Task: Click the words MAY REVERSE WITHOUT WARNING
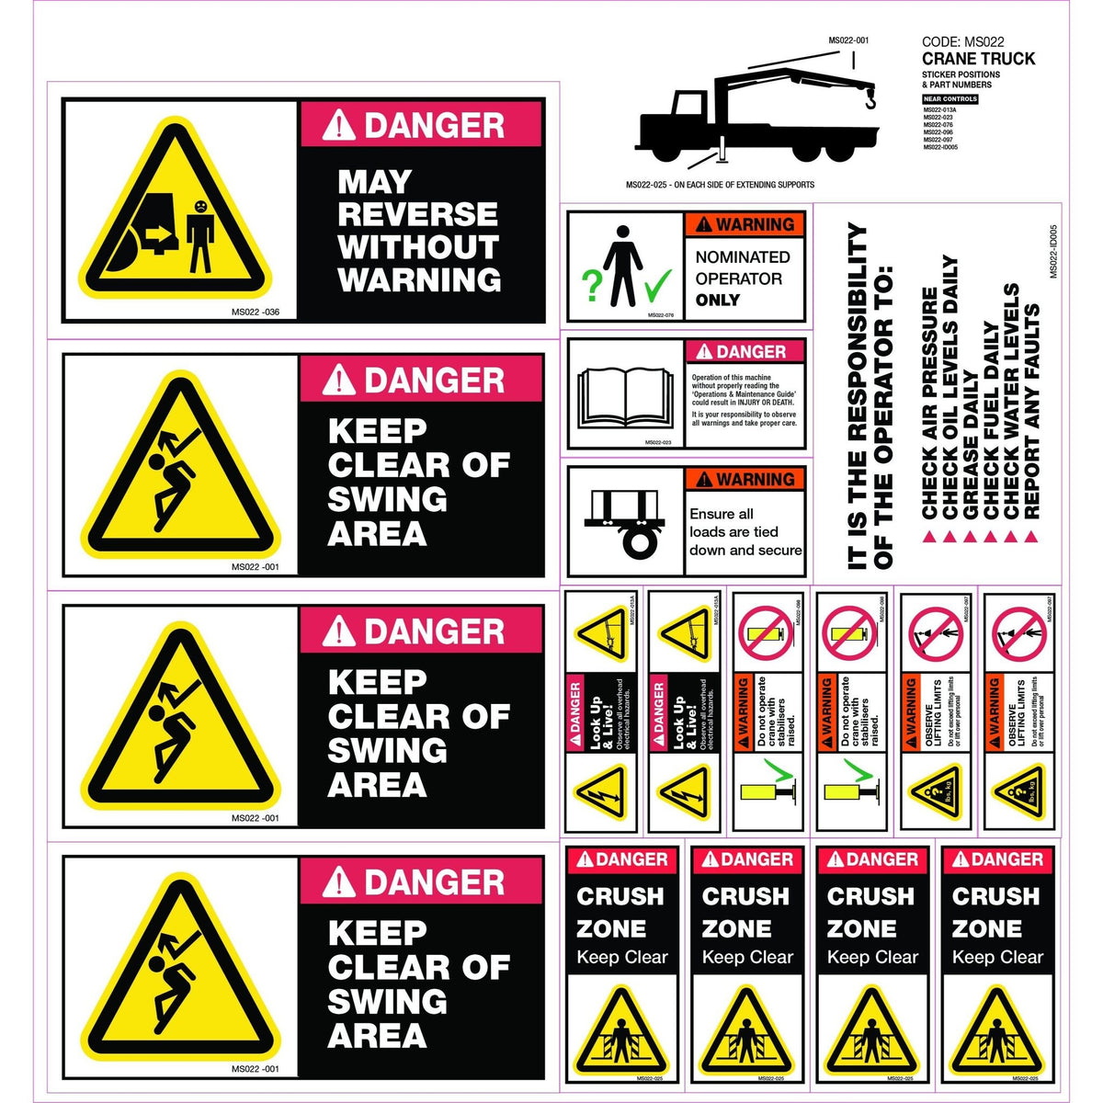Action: (419, 231)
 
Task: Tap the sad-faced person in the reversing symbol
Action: (199, 235)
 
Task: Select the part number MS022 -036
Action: (256, 313)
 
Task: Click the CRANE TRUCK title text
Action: (978, 59)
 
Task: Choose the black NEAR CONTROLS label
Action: (950, 99)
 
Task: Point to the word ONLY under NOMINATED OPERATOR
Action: (718, 301)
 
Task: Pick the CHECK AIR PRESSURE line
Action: (929, 403)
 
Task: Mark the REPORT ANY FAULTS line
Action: (1031, 411)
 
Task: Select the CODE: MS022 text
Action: (962, 41)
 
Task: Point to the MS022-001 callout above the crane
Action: (848, 40)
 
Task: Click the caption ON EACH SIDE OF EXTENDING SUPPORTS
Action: (744, 185)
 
